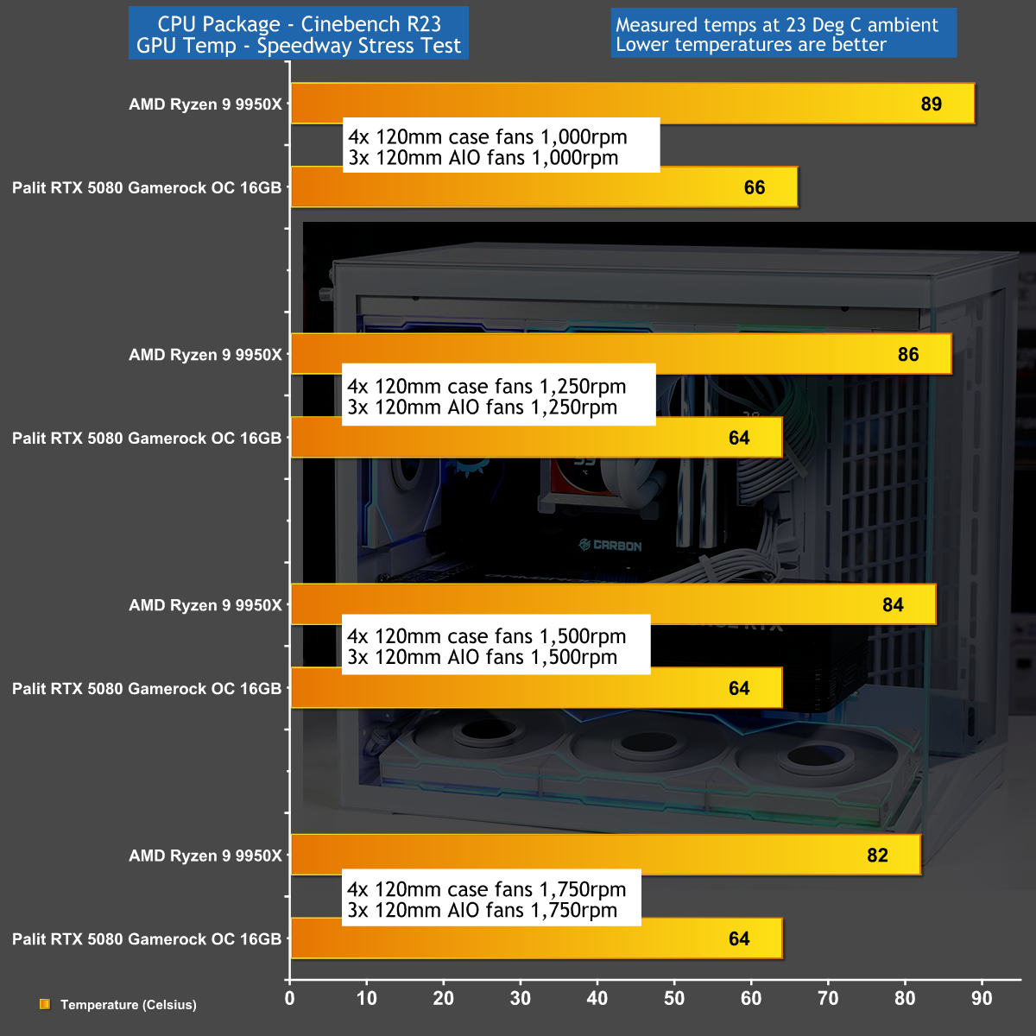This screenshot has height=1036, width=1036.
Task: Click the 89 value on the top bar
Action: point(931,104)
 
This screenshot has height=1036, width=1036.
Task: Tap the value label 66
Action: point(754,188)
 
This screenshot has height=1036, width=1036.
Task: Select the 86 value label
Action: point(907,355)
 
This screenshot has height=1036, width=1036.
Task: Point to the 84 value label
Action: point(893,605)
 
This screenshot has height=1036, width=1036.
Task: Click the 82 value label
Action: point(877,856)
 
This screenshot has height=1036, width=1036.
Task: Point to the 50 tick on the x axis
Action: point(674,999)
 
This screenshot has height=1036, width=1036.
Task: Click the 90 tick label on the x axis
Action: point(982,999)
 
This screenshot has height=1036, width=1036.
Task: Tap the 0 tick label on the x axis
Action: point(290,999)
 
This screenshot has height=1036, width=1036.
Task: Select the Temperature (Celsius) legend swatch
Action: point(45,1004)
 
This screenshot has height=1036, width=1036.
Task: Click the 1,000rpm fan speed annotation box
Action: point(501,147)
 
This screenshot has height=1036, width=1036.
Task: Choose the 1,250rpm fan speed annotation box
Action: point(499,397)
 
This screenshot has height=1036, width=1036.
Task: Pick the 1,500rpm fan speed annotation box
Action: point(496,647)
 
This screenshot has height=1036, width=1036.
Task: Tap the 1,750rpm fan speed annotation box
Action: point(491,899)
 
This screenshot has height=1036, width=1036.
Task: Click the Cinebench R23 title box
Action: point(299,34)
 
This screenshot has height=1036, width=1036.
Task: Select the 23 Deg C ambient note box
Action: point(783,34)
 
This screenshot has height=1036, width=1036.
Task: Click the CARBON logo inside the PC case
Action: point(611,546)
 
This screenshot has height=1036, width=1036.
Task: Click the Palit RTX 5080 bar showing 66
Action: point(544,188)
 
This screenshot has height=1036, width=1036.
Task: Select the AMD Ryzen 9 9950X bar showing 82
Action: point(604,856)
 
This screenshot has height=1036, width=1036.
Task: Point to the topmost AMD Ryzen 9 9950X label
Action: point(205,104)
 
